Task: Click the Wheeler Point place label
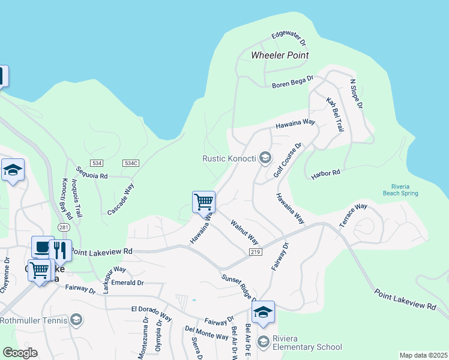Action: tap(280, 55)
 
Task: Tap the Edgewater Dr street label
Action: tap(289, 39)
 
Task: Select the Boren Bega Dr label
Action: tap(292, 82)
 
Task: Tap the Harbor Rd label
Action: tap(325, 175)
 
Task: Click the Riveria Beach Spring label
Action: tap(400, 190)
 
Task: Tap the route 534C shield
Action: tap(130, 163)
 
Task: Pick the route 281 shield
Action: tap(63, 227)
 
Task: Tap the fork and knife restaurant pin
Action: tap(60, 250)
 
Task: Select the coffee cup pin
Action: tap(43, 247)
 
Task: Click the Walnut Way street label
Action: tap(244, 232)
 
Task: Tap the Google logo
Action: tap(20, 353)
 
